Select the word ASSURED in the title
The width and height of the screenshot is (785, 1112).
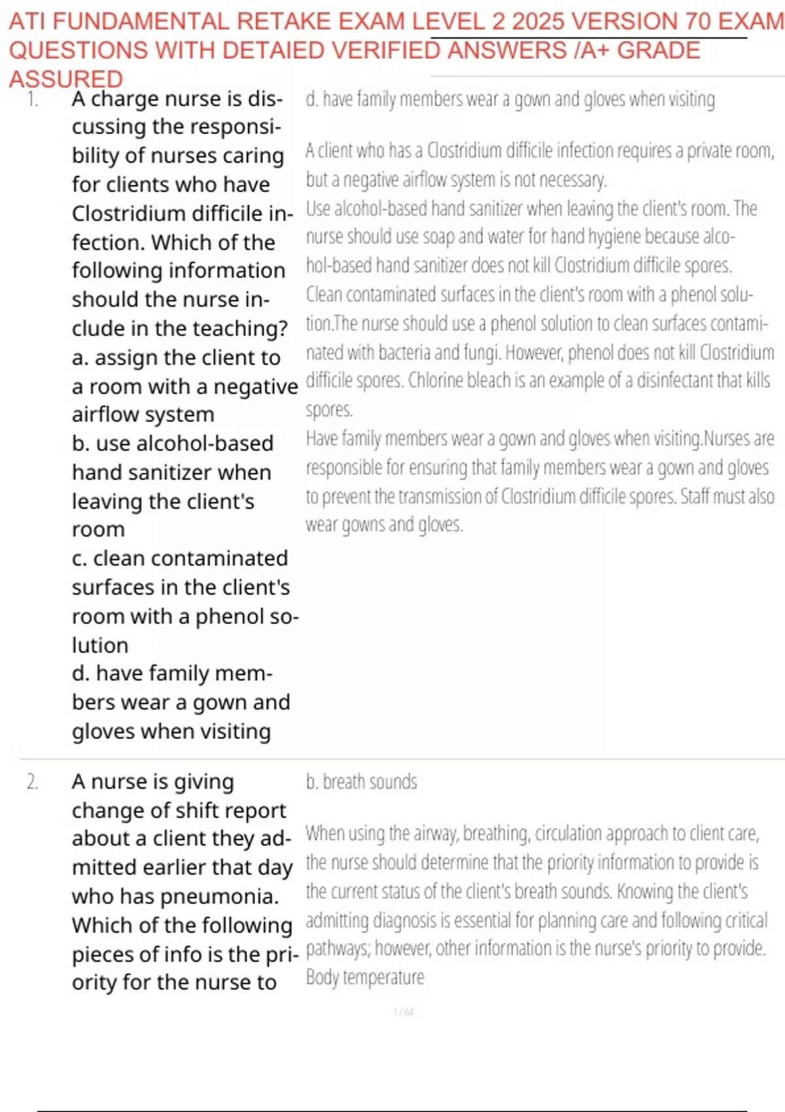[x=65, y=79]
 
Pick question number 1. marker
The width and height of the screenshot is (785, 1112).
[x=33, y=99]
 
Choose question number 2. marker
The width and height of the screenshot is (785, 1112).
[x=33, y=782]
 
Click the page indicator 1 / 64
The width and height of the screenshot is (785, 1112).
[x=403, y=1012]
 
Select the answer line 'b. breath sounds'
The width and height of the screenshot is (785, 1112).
[x=361, y=782]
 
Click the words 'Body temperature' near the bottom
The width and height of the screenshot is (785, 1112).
[x=365, y=977]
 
